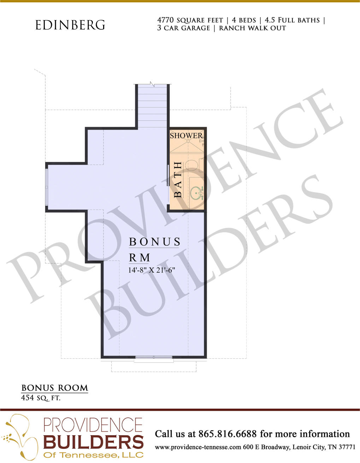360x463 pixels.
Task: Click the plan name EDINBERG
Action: (70, 25)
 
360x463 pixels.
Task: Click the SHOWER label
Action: (186, 136)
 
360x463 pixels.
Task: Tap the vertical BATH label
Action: (178, 180)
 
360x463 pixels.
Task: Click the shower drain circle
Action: (188, 141)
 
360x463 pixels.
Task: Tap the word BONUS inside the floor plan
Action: (154, 242)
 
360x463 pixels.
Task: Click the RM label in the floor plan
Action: (140, 257)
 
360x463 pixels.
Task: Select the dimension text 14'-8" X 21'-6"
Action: (152, 270)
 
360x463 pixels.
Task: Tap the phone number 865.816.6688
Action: (228, 434)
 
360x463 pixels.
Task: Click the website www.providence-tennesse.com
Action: (198, 447)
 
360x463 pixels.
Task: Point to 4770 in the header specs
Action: (166, 20)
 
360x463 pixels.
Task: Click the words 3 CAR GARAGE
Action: (183, 28)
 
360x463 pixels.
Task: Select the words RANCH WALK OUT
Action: (253, 28)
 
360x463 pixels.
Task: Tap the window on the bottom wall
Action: (154, 357)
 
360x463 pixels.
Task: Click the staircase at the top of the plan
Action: (152, 106)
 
